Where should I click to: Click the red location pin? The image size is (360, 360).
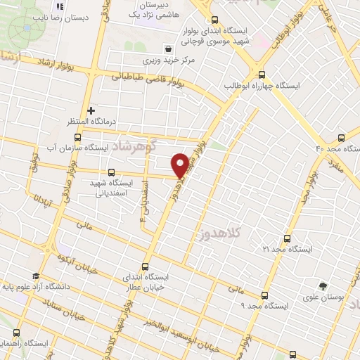pyautogui.click(x=180, y=165)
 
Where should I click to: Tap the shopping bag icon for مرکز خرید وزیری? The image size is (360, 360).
pyautogui.click(x=168, y=49)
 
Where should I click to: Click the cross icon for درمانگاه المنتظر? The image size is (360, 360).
pyautogui.click(x=91, y=110)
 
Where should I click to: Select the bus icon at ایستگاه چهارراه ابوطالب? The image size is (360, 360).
pyautogui.click(x=262, y=75)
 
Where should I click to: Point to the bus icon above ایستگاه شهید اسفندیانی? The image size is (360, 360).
pyautogui.click(x=110, y=172)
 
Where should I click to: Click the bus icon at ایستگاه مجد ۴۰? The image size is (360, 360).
pyautogui.click(x=341, y=138)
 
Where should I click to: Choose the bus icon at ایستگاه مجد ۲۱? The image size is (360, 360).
pyautogui.click(x=285, y=239)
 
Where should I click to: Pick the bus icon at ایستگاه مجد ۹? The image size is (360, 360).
pyautogui.click(x=264, y=295)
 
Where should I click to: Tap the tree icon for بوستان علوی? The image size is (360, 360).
pyautogui.click(x=323, y=286)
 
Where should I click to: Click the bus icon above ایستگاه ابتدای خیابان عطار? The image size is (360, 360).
pyautogui.click(x=146, y=266)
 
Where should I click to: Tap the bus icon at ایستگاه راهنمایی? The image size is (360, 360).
pyautogui.click(x=16, y=332)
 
